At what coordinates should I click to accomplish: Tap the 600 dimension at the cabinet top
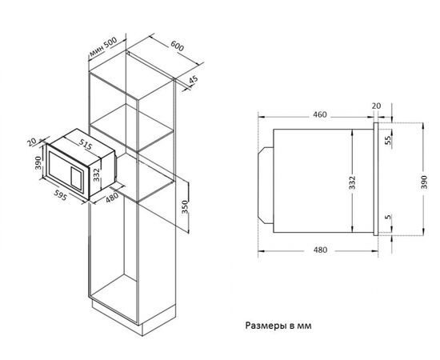pos(178,46)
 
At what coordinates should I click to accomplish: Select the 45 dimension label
pos(194,80)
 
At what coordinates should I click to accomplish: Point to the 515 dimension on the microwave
pos(86,144)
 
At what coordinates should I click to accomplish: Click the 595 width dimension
pos(60,195)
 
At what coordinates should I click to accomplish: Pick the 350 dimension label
pos(184,207)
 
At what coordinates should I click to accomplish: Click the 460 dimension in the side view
pos(320,114)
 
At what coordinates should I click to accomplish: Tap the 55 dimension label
pos(388,140)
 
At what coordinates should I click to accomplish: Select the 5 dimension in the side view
pos(388,217)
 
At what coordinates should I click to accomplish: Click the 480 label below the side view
pos(320,250)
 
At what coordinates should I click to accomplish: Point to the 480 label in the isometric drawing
pos(112,198)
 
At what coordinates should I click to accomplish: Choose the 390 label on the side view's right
pos(424,182)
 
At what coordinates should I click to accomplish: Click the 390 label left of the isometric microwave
pos(38,162)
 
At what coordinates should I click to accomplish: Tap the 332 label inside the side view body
pos(352,182)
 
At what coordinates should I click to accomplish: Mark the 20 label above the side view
pos(376,106)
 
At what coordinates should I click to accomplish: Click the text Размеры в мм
pos(278,326)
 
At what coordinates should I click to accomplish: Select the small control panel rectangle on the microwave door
pos(76,178)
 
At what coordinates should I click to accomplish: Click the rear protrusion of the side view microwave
pos(266,185)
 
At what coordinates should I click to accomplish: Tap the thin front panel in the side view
pos(376,179)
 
